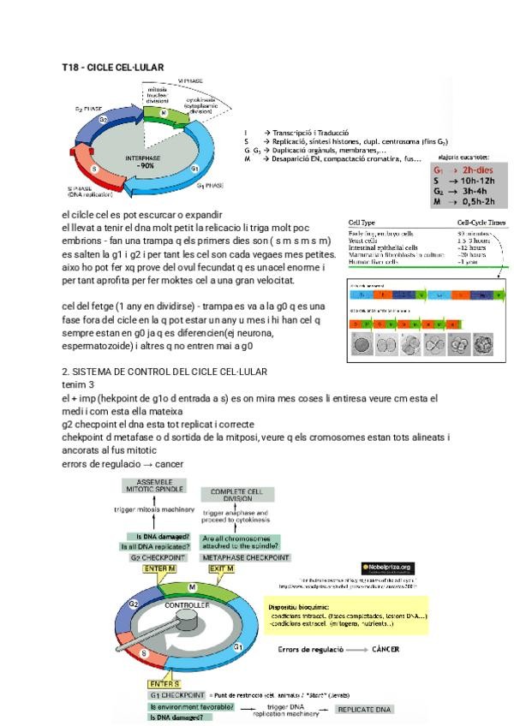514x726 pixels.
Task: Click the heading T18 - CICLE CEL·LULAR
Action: click(x=113, y=67)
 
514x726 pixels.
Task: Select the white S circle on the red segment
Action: click(x=95, y=169)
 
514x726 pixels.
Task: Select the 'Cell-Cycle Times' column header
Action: click(x=481, y=223)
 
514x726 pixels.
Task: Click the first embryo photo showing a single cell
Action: click(x=363, y=344)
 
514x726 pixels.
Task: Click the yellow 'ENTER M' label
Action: click(x=161, y=568)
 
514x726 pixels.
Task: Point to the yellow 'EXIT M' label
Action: click(x=222, y=568)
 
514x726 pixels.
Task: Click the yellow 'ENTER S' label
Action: click(x=164, y=684)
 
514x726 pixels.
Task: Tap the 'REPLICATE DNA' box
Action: click(x=364, y=710)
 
